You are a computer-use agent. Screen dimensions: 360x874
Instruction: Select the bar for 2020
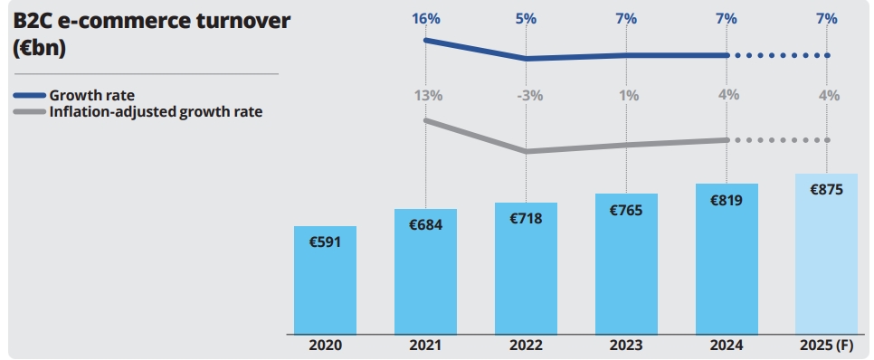[x=325, y=280]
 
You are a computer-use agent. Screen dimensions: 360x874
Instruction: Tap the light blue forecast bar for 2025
[x=825, y=262]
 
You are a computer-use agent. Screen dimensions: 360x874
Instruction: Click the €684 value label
[x=425, y=224]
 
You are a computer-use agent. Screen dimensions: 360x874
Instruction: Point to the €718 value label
[x=526, y=218]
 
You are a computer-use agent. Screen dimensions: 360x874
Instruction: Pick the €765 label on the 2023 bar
[x=626, y=210]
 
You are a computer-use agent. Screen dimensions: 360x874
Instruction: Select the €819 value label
[x=727, y=200]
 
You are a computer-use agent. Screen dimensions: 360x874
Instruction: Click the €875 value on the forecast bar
[x=825, y=190]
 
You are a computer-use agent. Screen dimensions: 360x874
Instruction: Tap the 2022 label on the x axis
[x=526, y=345]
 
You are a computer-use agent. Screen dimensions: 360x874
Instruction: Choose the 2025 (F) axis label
[x=825, y=345]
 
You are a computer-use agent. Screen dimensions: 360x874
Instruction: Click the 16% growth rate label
[x=425, y=18]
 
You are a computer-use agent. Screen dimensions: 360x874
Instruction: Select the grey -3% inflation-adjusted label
[x=527, y=95]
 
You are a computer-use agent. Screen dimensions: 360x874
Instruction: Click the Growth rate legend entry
[x=91, y=95]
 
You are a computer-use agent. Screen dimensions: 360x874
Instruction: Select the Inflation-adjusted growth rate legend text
[x=155, y=112]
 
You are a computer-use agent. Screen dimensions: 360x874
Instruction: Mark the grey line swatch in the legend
[x=30, y=112]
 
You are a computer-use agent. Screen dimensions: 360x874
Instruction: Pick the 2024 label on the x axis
[x=727, y=345]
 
